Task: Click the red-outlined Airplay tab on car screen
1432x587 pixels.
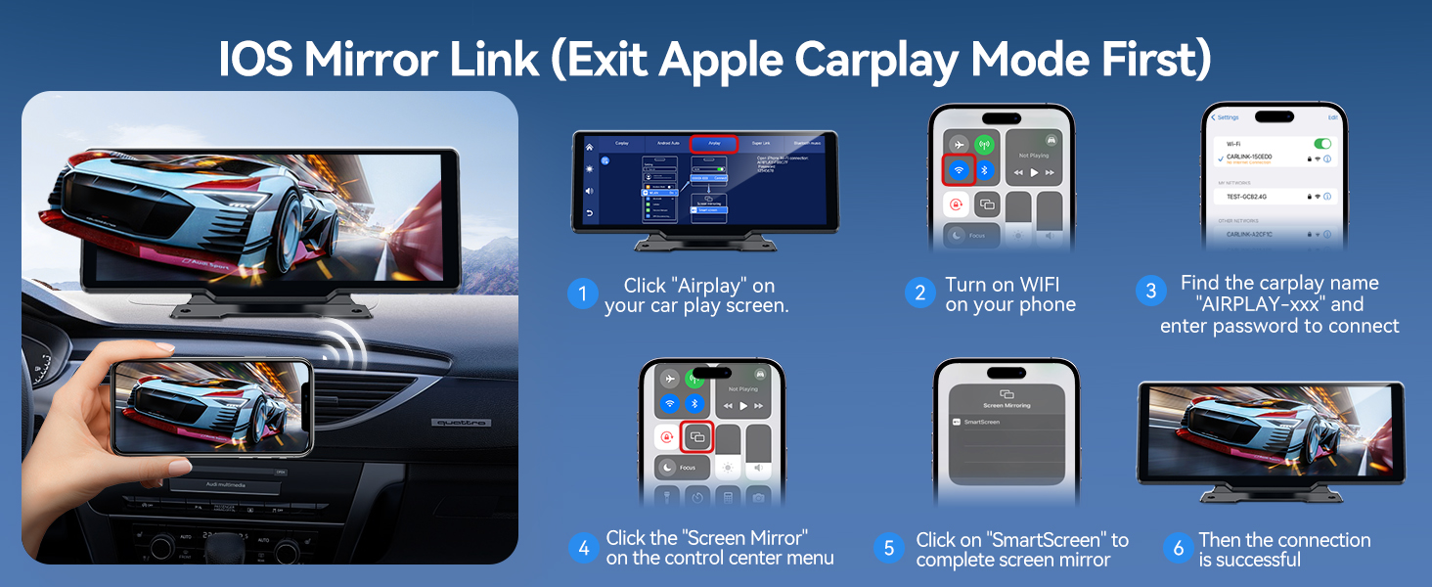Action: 713,143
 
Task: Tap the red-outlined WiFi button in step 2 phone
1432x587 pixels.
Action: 959,170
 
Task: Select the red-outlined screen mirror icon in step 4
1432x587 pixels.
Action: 696,437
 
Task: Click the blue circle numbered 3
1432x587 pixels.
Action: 1150,291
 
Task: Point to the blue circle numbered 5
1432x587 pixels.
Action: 888,548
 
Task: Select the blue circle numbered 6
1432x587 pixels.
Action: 1178,548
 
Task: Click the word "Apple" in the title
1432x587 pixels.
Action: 721,60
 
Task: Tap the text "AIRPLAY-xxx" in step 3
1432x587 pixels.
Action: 1279,304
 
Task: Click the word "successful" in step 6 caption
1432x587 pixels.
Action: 1250,560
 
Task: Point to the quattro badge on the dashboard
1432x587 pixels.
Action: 459,423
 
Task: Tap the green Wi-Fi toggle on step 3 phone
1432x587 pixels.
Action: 1325,143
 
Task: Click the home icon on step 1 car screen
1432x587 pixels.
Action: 589,147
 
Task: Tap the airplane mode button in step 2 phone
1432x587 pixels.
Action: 959,144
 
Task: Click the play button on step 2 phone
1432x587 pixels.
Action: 1034,172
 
